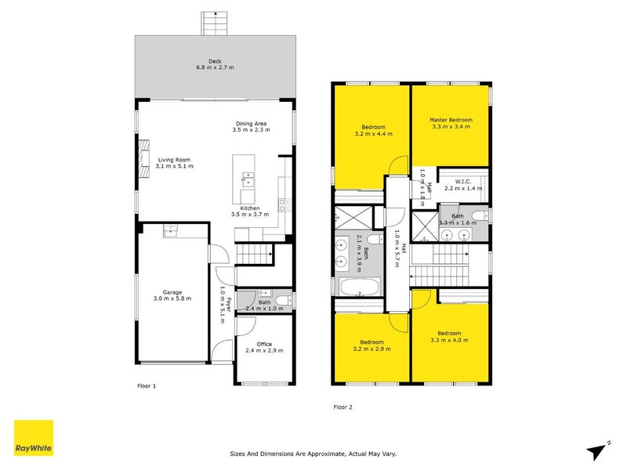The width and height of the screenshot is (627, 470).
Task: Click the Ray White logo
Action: [34, 439]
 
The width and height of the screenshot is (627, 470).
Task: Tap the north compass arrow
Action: [598, 450]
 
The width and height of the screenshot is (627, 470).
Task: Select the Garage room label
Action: [172, 291]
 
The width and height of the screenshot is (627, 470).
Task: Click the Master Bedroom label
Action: [451, 120]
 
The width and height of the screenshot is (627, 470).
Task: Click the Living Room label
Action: [173, 159]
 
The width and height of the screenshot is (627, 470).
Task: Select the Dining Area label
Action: [252, 123]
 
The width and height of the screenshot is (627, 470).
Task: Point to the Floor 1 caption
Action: [147, 386]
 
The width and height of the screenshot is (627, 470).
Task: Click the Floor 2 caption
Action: [343, 407]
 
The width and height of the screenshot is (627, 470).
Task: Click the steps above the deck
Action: [214, 23]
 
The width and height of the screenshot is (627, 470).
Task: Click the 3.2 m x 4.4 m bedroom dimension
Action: [372, 134]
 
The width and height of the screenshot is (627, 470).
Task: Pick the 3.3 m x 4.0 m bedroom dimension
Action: [449, 339]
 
